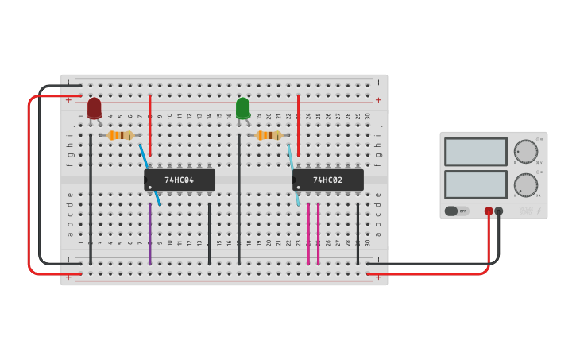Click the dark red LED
click(95, 107)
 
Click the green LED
click(243, 107)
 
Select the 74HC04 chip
click(180, 180)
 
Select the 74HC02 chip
click(328, 180)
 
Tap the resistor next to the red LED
click(120, 135)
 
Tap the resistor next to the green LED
click(269, 135)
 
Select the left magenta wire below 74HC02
click(308, 234)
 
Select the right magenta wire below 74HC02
click(318, 234)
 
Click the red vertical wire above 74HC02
click(298, 123)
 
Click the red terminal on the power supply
click(489, 211)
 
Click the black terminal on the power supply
click(499, 211)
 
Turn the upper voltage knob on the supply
click(525, 151)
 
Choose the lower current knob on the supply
click(525, 185)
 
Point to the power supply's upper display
click(476, 151)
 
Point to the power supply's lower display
click(476, 184)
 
